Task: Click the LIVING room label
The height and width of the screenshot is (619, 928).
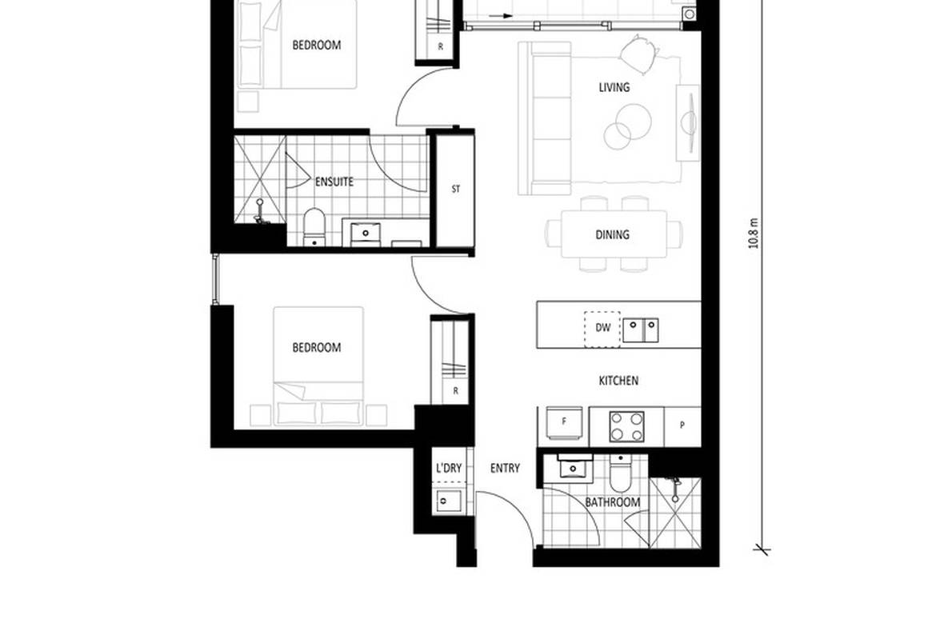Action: tap(614, 87)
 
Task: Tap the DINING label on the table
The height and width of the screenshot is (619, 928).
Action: tap(612, 234)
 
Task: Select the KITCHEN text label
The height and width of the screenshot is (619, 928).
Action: tap(618, 381)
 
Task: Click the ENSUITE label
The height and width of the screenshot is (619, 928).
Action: tap(334, 182)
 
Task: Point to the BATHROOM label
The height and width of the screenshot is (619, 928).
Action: tap(612, 502)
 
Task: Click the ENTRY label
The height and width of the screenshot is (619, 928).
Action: tap(505, 469)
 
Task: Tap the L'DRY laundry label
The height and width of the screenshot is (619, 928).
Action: tap(448, 469)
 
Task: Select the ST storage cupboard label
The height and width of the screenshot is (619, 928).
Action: tap(456, 190)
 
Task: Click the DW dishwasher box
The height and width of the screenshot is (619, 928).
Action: tap(602, 328)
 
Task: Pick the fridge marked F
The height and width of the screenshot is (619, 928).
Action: tap(564, 422)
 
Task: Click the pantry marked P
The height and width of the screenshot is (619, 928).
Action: tap(682, 425)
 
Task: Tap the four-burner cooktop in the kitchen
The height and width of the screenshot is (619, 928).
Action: tap(626, 425)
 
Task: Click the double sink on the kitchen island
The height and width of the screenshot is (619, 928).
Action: tap(640, 328)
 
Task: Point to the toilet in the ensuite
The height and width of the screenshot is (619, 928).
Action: tap(314, 226)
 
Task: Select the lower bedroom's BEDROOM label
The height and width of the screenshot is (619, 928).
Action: tap(316, 347)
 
